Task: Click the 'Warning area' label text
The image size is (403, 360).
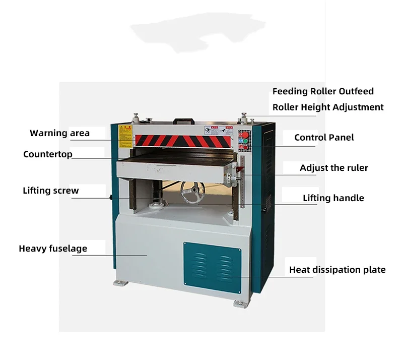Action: coord(59,133)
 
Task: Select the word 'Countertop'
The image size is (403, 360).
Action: coord(48,154)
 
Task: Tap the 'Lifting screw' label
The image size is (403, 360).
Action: coord(51,191)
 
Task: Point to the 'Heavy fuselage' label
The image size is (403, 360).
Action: coord(53,249)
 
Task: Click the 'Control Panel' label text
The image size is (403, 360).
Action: coord(324,137)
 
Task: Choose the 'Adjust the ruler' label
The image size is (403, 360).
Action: coord(333,168)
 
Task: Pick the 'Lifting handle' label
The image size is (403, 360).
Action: coord(333,198)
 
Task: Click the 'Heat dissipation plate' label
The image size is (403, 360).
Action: coord(337,270)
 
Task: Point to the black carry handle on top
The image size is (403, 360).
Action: coord(184,121)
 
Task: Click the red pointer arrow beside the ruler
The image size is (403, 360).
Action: coord(238,176)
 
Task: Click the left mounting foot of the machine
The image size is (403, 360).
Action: coord(119,281)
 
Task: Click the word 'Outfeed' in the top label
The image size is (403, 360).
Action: coord(356,91)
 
